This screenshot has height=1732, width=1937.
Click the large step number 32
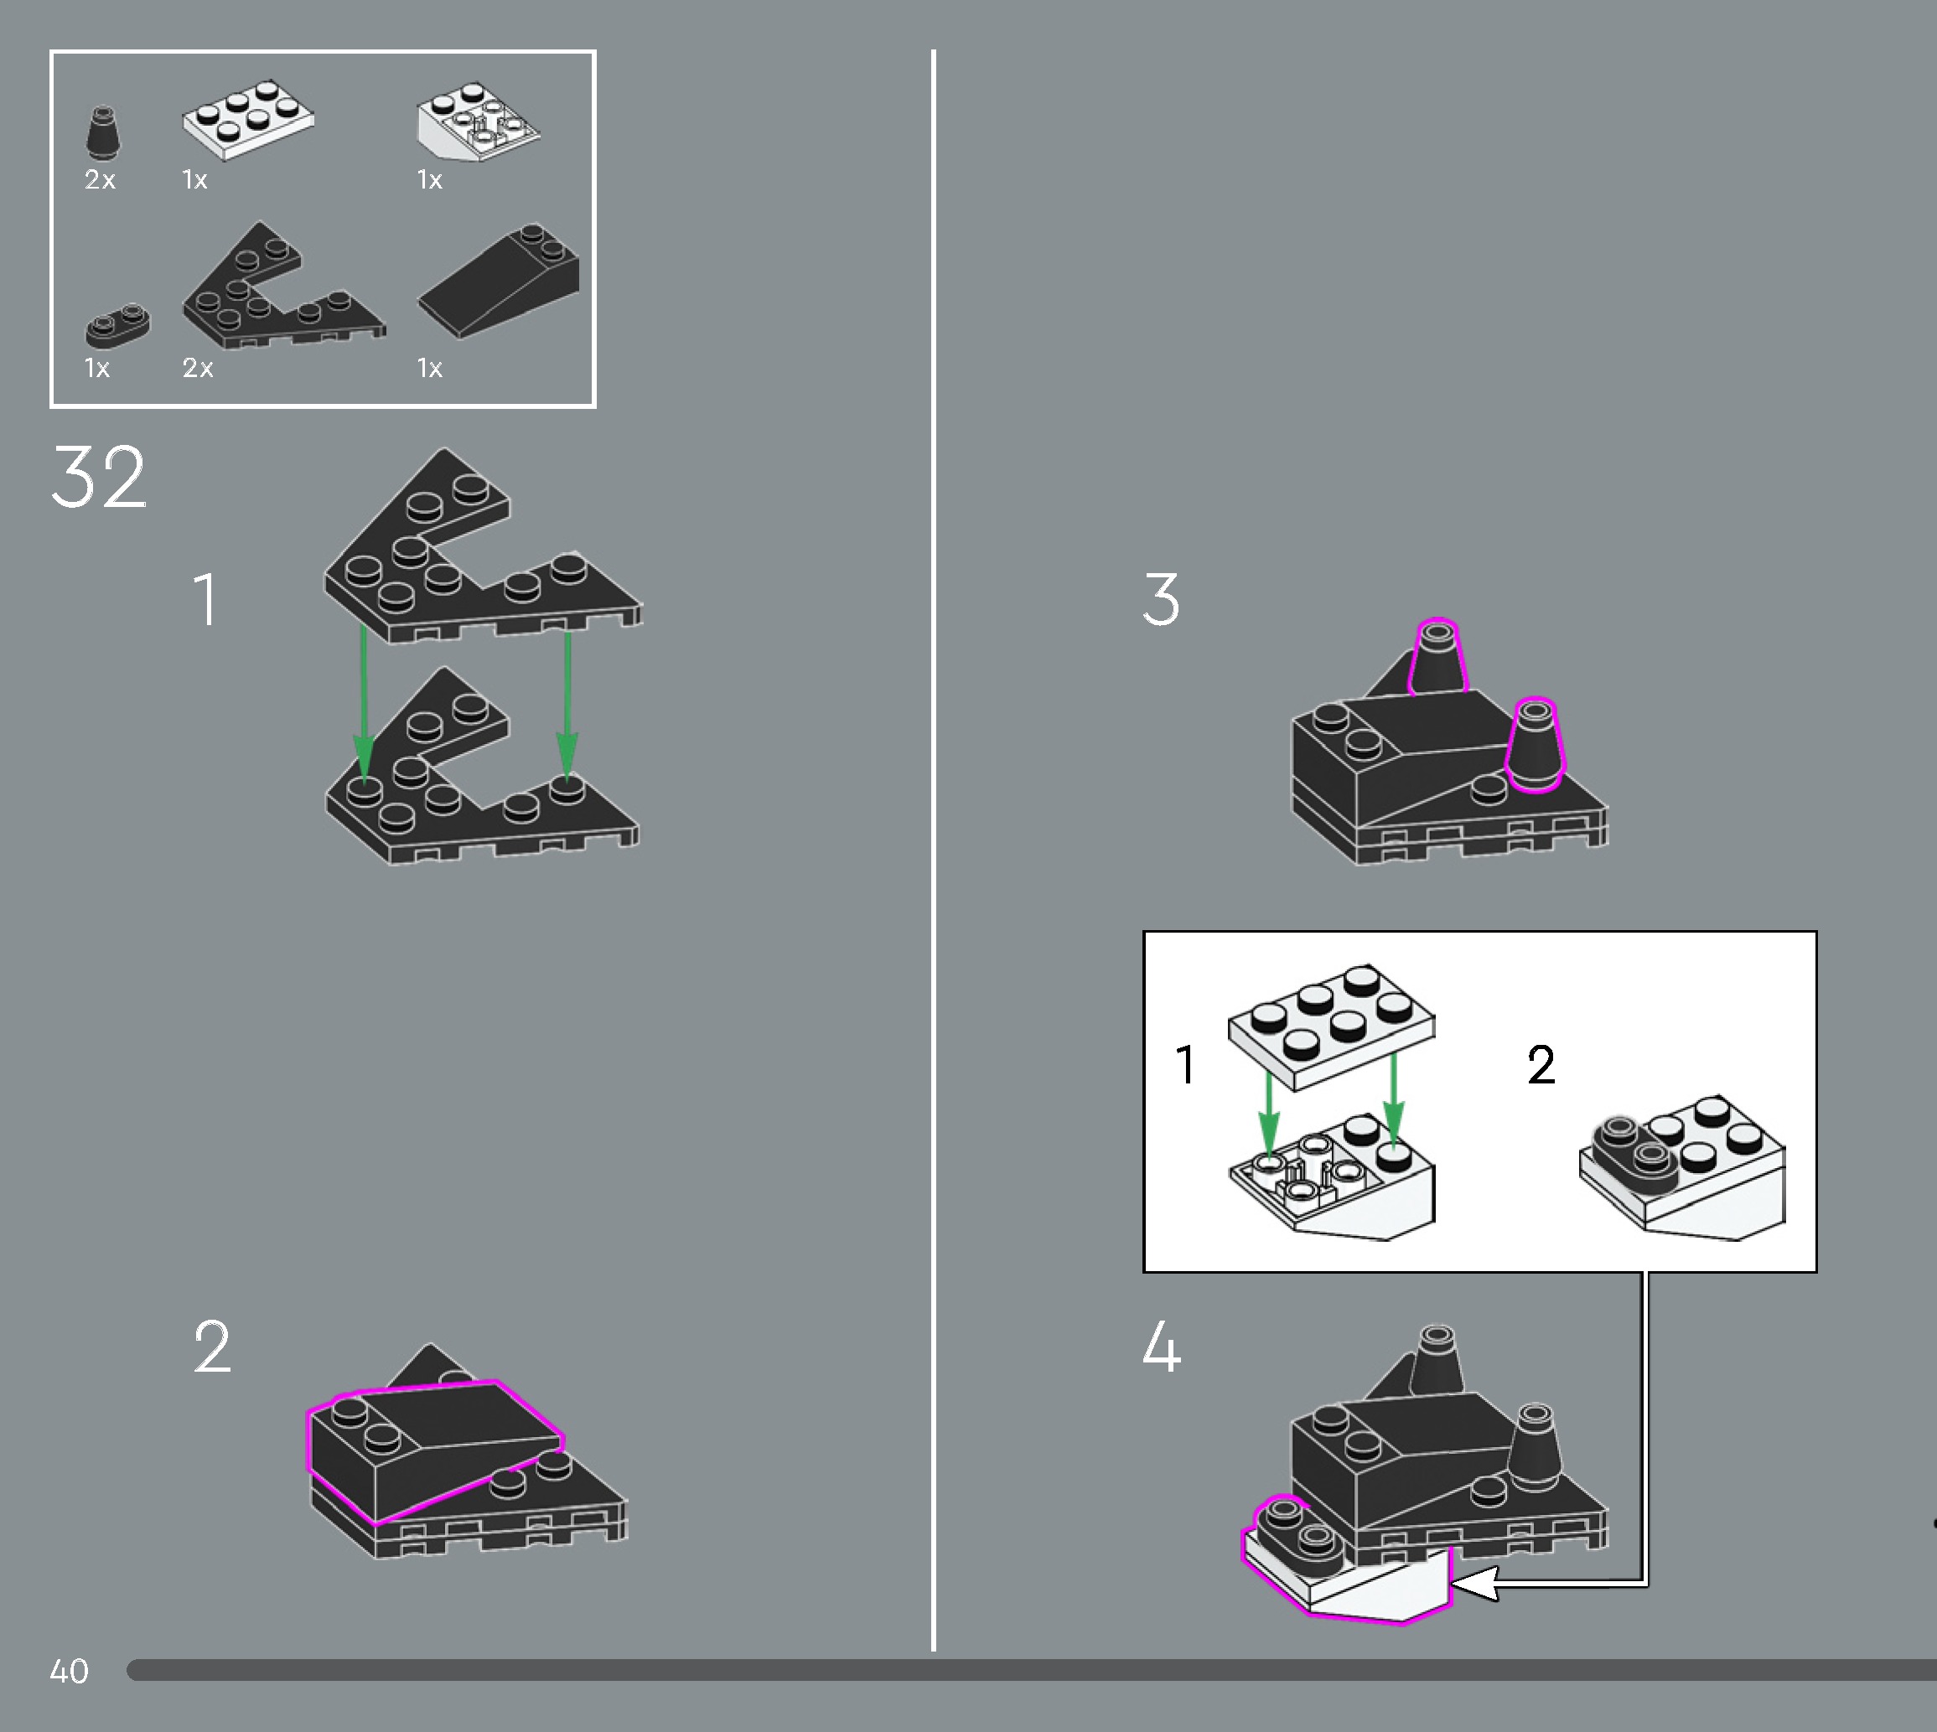click(99, 477)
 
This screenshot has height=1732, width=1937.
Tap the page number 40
click(69, 1671)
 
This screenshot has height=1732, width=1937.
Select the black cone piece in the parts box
click(104, 132)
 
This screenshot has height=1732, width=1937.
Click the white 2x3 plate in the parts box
click(248, 119)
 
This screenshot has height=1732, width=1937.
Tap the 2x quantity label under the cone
click(100, 179)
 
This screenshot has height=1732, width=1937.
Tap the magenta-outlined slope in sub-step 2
click(435, 1450)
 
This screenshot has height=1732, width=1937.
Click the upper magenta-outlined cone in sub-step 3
click(1437, 658)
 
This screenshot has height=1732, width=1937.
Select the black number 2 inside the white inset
click(1541, 1064)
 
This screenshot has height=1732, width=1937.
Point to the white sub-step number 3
click(1161, 600)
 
